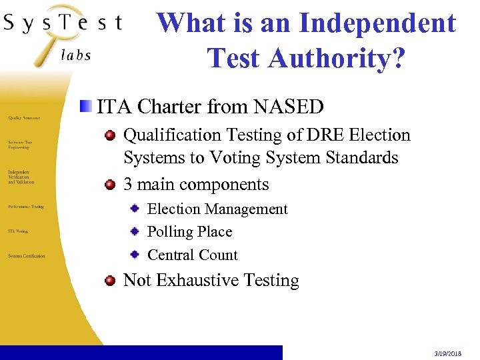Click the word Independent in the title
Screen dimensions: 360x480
pos(377,23)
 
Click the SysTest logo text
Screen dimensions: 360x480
pos(63,23)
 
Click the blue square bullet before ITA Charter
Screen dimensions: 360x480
pos(86,106)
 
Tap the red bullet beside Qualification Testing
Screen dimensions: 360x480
pos(110,135)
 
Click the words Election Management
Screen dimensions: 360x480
pos(217,209)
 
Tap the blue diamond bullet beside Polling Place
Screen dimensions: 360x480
pos(135,232)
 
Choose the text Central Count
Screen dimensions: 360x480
pos(192,255)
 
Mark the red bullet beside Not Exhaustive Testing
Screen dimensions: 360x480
pos(110,280)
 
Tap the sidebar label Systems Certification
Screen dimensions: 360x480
pos(27,256)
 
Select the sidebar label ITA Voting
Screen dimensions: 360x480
pos(18,231)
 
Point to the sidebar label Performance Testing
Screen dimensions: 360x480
pos(26,207)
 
